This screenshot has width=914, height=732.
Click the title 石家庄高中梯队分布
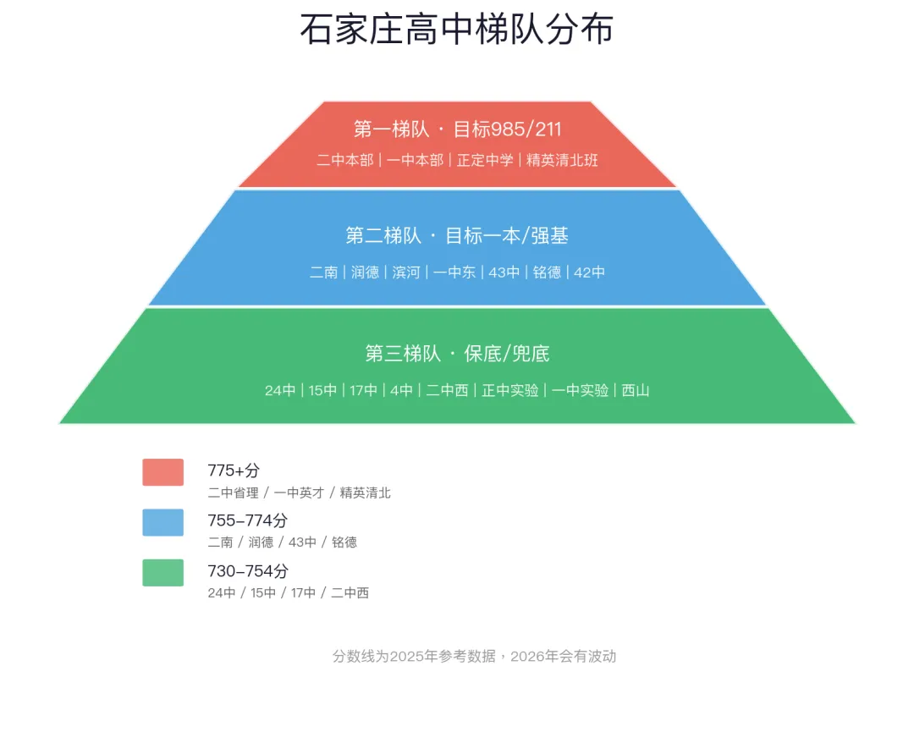[457, 29]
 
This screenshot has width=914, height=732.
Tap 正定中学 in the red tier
[485, 160]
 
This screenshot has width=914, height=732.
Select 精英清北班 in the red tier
[562, 160]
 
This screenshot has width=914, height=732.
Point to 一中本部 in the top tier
[415, 160]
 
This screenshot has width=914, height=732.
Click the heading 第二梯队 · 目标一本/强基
[457, 235]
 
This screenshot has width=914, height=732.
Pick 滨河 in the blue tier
[406, 272]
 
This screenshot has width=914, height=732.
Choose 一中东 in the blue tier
[454, 272]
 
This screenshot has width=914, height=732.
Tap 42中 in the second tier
[589, 272]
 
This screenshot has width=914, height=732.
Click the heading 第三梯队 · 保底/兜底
[457, 353]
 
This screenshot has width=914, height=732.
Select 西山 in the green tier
[636, 390]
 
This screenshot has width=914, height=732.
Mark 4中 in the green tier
[401, 390]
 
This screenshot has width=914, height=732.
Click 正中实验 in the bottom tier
[510, 390]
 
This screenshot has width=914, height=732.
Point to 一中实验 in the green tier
[580, 390]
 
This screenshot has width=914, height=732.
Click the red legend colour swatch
[163, 472]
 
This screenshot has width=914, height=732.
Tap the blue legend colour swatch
[163, 522]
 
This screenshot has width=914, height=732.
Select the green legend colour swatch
[163, 572]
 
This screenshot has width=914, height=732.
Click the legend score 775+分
[234, 471]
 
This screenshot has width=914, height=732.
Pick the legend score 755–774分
[248, 520]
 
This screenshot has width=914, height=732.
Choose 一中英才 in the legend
[299, 493]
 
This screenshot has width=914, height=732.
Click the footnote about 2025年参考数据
[475, 656]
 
